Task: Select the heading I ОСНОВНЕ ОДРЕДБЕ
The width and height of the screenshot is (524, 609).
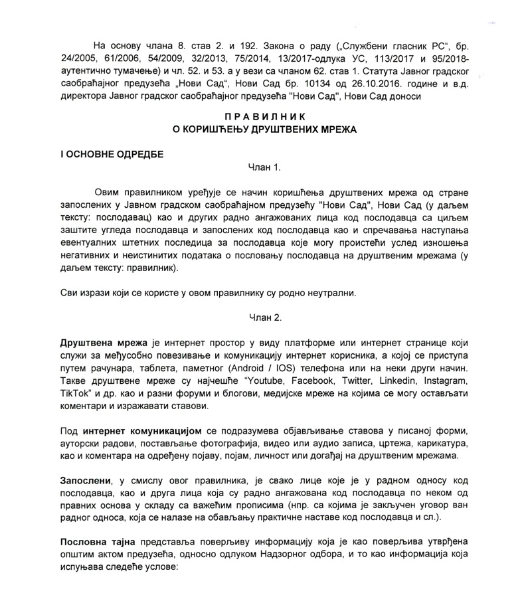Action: pos(111,153)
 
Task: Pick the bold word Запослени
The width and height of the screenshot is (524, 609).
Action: pos(84,479)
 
